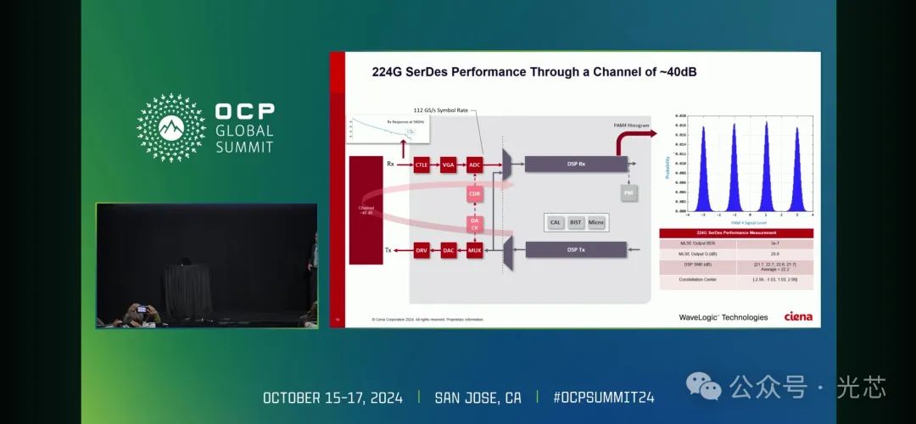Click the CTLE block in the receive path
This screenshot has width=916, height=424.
(422, 165)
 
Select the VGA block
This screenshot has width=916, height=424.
(449, 165)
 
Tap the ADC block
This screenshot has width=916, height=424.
(475, 165)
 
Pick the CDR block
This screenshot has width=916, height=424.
(475, 194)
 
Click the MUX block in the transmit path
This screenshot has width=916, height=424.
(475, 250)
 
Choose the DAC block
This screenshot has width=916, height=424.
(449, 250)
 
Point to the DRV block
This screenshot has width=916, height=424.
(422, 250)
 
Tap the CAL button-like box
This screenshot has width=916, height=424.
(556, 222)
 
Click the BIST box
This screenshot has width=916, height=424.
(576, 222)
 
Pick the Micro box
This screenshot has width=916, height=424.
(596, 222)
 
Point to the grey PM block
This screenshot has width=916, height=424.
(628, 193)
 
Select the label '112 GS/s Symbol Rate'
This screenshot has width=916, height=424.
(440, 110)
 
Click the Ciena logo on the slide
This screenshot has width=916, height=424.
(797, 317)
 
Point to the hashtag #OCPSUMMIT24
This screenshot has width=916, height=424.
(603, 398)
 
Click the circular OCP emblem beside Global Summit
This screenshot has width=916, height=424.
(171, 128)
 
